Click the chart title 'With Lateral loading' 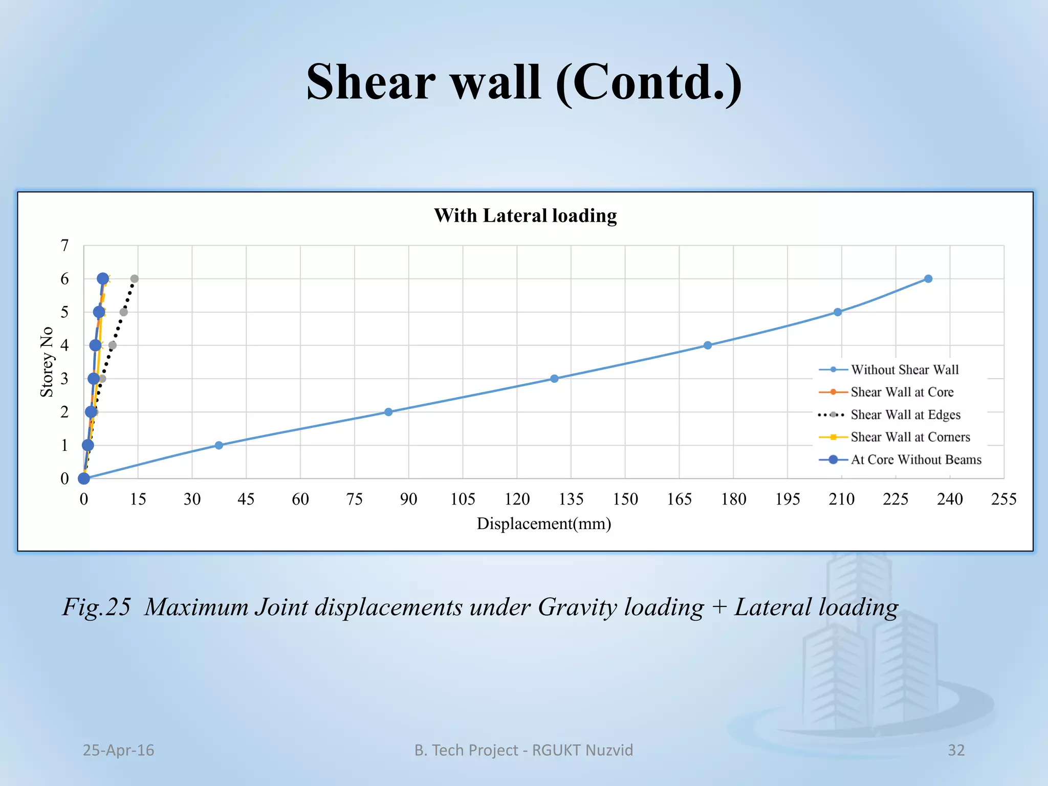click(525, 215)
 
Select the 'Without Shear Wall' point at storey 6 click(928, 279)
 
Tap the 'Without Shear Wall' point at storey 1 click(219, 445)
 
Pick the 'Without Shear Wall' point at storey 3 click(554, 379)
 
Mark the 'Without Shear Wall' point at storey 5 click(838, 312)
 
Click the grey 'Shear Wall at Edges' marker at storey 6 click(135, 279)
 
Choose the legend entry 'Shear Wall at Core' click(902, 392)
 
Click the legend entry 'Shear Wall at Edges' click(905, 415)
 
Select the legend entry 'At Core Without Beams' click(915, 460)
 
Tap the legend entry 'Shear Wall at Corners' click(910, 438)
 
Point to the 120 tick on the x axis click(517, 499)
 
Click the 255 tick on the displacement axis click(1003, 499)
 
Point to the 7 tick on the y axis click(64, 246)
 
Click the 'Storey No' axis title click(47, 362)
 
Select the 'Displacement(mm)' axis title click(544, 524)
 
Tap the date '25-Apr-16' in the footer click(118, 750)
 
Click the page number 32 click(956, 750)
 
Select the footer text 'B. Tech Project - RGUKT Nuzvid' click(523, 750)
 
